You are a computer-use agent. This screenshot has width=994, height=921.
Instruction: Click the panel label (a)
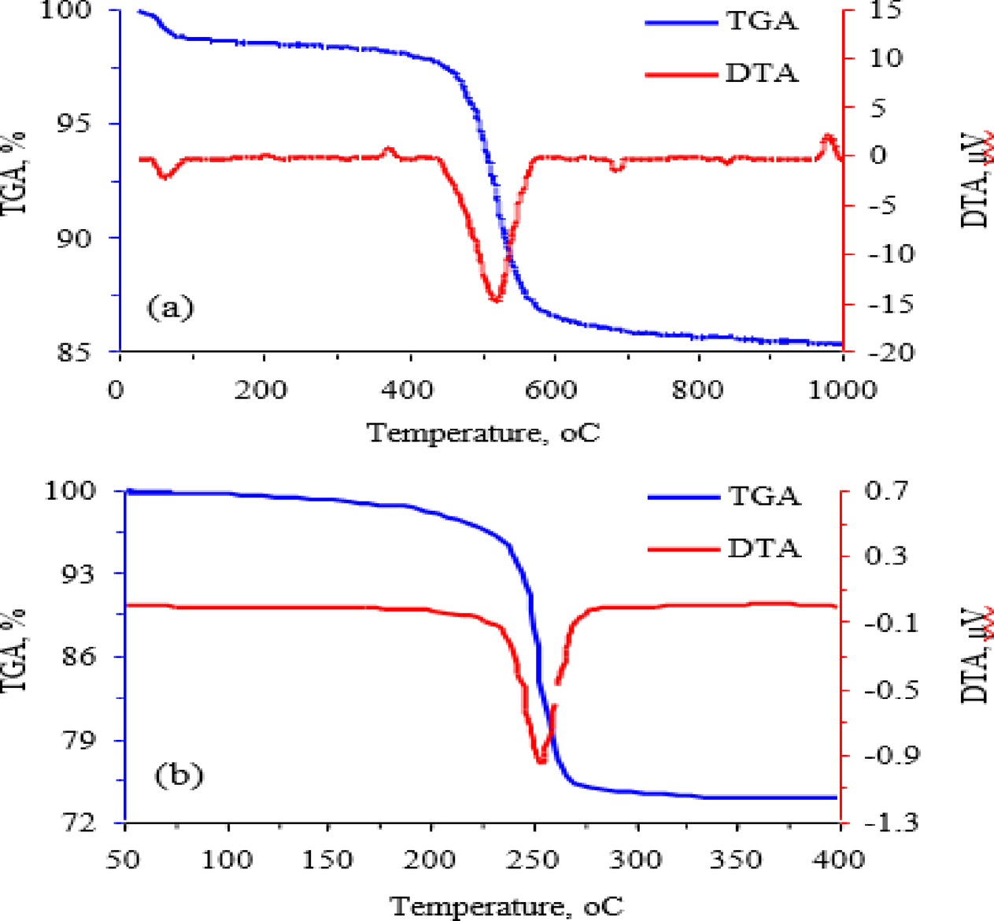pos(170,307)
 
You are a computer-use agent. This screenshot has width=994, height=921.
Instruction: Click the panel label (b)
pos(179,775)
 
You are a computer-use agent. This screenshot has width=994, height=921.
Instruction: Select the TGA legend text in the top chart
pos(762,21)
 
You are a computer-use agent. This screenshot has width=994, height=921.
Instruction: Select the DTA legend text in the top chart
pos(762,73)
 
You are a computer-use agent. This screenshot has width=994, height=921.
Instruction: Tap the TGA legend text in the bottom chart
pos(764,497)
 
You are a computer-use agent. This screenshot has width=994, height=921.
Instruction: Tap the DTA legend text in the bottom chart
pos(764,548)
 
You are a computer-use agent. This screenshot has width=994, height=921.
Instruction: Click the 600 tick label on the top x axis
pos(551,389)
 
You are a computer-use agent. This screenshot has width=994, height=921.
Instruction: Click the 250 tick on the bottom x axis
pos(534,859)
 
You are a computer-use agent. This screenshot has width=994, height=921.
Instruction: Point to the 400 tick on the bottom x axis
pos(840,859)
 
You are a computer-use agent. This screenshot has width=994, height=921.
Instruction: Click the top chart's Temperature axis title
pos(483,433)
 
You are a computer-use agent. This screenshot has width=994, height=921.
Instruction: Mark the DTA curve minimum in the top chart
pos(495,299)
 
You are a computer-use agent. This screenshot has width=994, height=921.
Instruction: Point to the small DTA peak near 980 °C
pos(827,137)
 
